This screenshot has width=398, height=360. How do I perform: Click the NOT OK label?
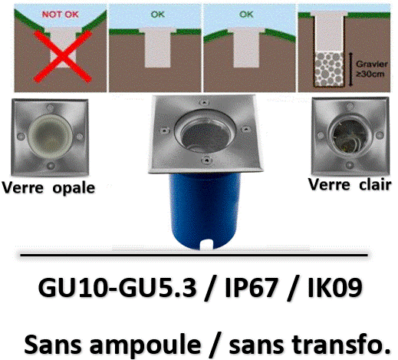[x=61, y=15]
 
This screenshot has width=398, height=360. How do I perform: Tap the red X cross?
[x=63, y=57]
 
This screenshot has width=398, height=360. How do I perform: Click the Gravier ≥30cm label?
[x=372, y=69]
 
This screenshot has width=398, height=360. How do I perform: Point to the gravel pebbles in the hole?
[x=329, y=68]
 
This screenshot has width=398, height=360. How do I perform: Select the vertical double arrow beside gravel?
[x=351, y=69]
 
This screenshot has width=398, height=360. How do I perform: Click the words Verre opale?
[x=48, y=188]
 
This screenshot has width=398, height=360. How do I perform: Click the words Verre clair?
[x=350, y=185]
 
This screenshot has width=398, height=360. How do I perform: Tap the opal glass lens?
[x=51, y=137]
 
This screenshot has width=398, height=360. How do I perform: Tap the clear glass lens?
[x=350, y=137]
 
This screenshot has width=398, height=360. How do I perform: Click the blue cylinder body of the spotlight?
[x=205, y=210]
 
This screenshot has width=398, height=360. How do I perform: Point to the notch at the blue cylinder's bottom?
[x=207, y=244]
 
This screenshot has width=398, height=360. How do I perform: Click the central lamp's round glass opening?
[x=206, y=133]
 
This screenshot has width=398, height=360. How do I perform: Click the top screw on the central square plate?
[x=204, y=103]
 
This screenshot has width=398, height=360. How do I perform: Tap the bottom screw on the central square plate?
[x=206, y=160]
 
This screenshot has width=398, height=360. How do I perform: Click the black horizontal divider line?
[x=194, y=255]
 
